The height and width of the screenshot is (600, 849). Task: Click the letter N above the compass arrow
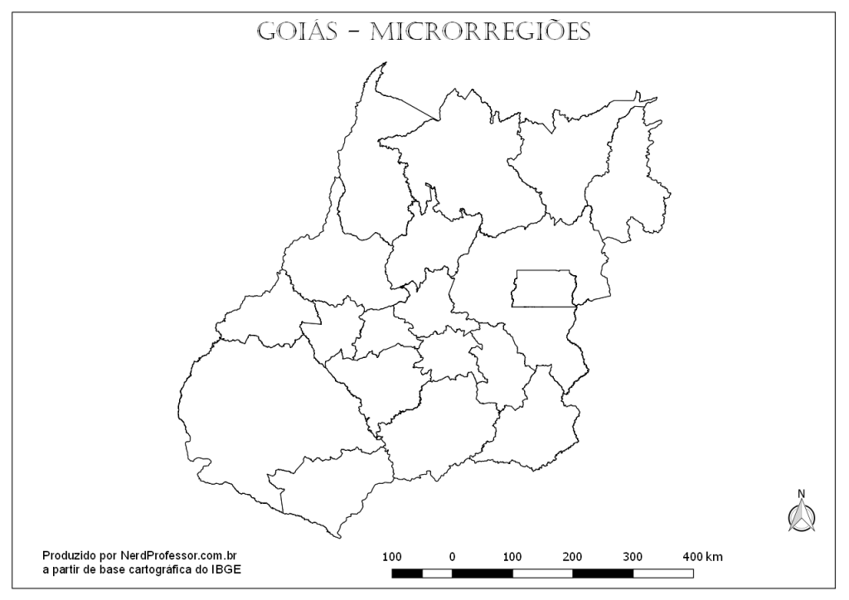pyautogui.click(x=802, y=495)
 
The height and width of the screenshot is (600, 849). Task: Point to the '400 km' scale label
pyautogui.click(x=702, y=557)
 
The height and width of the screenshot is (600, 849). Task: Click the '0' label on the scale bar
pyautogui.click(x=452, y=557)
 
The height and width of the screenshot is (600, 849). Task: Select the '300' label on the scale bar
pyautogui.click(x=633, y=557)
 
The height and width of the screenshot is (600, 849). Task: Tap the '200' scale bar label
pyautogui.click(x=572, y=557)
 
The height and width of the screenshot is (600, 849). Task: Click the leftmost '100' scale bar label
pyautogui.click(x=392, y=557)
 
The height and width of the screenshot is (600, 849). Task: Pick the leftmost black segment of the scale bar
pyautogui.click(x=407, y=573)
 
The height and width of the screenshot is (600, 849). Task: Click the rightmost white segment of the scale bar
pyautogui.click(x=663, y=573)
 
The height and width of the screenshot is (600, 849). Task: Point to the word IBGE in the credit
pyautogui.click(x=229, y=569)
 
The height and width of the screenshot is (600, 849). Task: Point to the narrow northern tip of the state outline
pyautogui.click(x=381, y=65)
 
